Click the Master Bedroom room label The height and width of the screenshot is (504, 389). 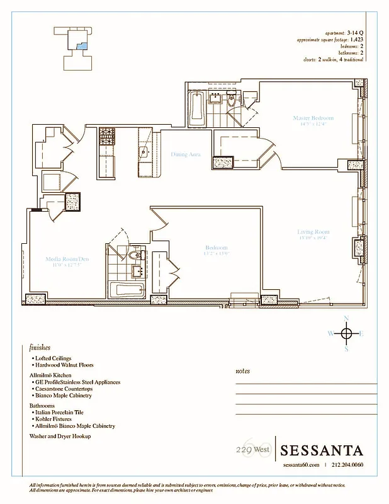pyautogui.click(x=313, y=118)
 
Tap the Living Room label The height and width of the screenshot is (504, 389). pyautogui.click(x=313, y=232)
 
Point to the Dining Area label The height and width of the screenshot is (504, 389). pyautogui.click(x=186, y=154)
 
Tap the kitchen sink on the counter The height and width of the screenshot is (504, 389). pyautogui.click(x=144, y=152)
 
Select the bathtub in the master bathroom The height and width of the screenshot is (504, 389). pyautogui.click(x=196, y=109)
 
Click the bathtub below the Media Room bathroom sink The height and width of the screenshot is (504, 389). pyautogui.click(x=127, y=290)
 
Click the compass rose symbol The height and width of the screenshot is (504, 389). pyautogui.click(x=346, y=333)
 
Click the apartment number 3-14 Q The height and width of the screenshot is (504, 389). pyautogui.click(x=355, y=31)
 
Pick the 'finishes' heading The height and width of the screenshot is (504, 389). pyautogui.click(x=40, y=347)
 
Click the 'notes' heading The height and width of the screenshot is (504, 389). pyautogui.click(x=242, y=371)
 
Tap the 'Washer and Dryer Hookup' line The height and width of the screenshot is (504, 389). pyautogui.click(x=60, y=436)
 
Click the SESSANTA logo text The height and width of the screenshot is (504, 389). pyautogui.click(x=322, y=451)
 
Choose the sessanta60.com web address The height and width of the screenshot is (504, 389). pyautogui.click(x=301, y=466)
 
